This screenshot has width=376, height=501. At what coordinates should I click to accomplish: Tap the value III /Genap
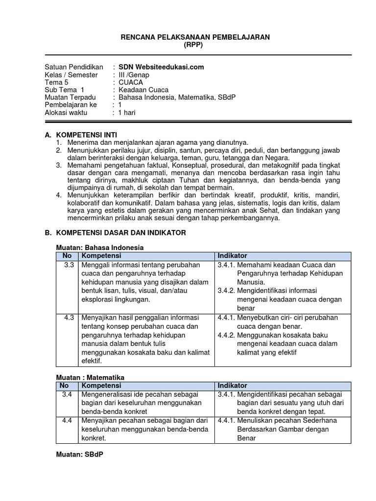(x=134, y=75)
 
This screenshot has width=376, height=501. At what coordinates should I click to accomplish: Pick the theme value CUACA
(x=131, y=82)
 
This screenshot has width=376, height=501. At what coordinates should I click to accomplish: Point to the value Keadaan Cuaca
(x=143, y=90)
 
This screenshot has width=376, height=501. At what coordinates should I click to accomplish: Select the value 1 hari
(x=127, y=113)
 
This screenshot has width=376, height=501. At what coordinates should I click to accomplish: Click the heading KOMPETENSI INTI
(x=87, y=135)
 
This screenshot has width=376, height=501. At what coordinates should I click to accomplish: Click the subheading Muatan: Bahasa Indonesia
(x=100, y=248)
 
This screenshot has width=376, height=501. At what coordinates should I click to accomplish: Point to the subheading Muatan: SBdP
(x=79, y=455)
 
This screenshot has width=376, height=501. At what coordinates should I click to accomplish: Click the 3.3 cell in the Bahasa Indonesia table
(x=69, y=265)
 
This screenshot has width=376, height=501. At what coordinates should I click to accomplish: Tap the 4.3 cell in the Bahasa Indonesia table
(x=69, y=318)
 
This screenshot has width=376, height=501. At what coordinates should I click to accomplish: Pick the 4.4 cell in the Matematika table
(x=68, y=420)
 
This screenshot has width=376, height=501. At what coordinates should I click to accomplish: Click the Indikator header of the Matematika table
(x=233, y=386)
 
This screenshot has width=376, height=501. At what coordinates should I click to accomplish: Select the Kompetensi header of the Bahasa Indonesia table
(x=101, y=256)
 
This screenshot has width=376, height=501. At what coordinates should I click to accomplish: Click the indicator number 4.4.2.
(x=226, y=335)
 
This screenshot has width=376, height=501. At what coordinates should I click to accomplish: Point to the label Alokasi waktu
(x=66, y=113)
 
